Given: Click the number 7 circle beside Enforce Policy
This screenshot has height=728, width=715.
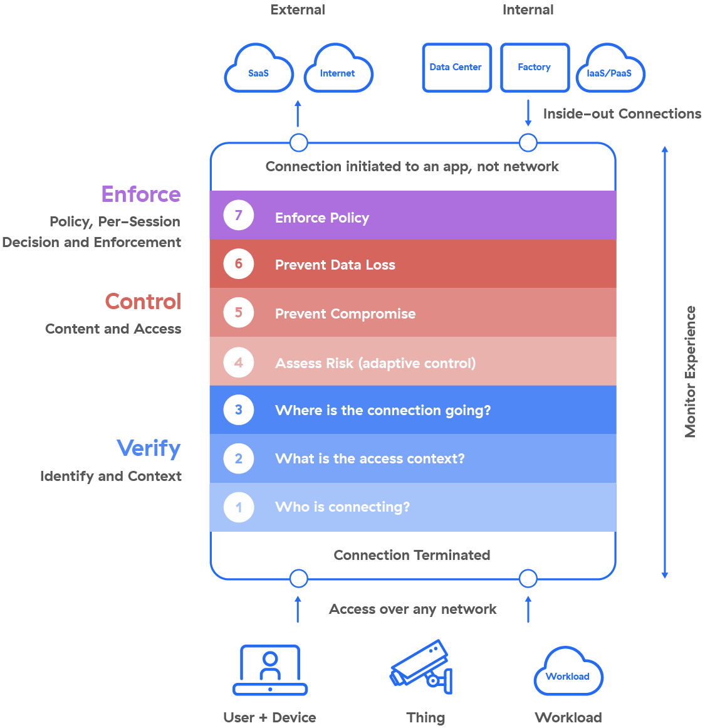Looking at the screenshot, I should coord(239,215).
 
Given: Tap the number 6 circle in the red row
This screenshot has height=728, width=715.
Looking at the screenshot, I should coord(239,264).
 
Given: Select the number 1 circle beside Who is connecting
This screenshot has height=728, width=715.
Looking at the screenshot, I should coord(239,507).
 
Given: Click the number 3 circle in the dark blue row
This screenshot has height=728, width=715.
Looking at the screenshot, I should coord(239,410).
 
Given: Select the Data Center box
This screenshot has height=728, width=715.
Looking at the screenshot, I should coord(456,67).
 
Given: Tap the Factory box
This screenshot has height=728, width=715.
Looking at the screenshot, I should coord(535,67).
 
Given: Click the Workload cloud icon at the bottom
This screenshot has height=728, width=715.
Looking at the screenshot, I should coord(568,672).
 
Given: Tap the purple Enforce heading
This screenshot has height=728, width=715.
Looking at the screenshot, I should coord(141,194).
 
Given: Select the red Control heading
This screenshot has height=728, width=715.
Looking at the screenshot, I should coord(143,302).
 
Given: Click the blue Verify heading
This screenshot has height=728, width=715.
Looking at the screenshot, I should coord(149,448).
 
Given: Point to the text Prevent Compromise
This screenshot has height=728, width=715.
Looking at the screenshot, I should coord(345,314).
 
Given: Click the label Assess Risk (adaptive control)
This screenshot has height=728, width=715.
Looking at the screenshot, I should coord(375,363).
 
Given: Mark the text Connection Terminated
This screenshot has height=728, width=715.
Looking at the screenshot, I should coord(412,555).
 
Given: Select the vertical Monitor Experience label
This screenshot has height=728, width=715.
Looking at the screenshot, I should coord(691,371).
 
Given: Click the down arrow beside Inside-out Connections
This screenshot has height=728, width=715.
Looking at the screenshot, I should coord(528,114).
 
